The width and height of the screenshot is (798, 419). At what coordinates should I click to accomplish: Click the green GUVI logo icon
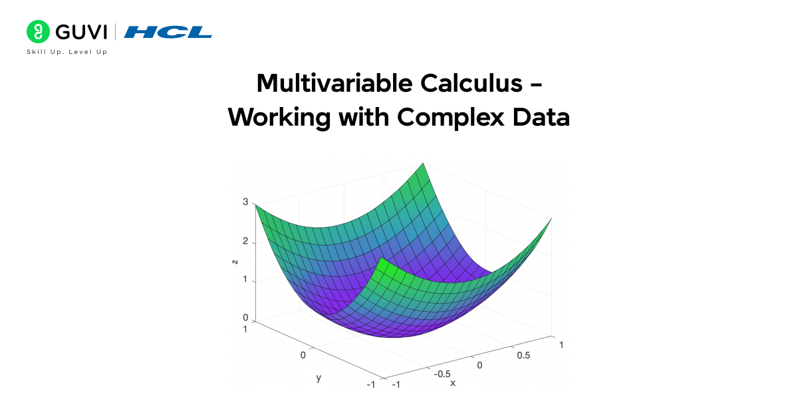[39, 31]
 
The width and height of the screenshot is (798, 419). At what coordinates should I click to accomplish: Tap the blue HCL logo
[168, 32]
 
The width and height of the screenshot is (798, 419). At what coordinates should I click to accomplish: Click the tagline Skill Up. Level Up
[66, 52]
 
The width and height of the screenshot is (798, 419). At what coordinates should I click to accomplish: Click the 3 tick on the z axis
[245, 203]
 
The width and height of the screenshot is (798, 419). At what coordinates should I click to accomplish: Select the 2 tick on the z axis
[245, 241]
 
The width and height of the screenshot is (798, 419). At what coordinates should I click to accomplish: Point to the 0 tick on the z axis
[245, 317]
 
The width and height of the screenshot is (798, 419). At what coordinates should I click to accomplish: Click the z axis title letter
[235, 261]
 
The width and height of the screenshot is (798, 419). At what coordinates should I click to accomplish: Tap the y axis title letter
[319, 378]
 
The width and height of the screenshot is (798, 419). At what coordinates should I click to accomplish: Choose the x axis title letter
[453, 383]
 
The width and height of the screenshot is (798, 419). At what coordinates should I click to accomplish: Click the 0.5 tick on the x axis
[523, 355]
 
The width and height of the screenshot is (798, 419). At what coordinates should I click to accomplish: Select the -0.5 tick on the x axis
[442, 374]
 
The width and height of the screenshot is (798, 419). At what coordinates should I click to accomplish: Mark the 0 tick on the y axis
[303, 355]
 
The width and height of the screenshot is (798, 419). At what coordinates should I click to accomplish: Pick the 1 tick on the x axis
[562, 345]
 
